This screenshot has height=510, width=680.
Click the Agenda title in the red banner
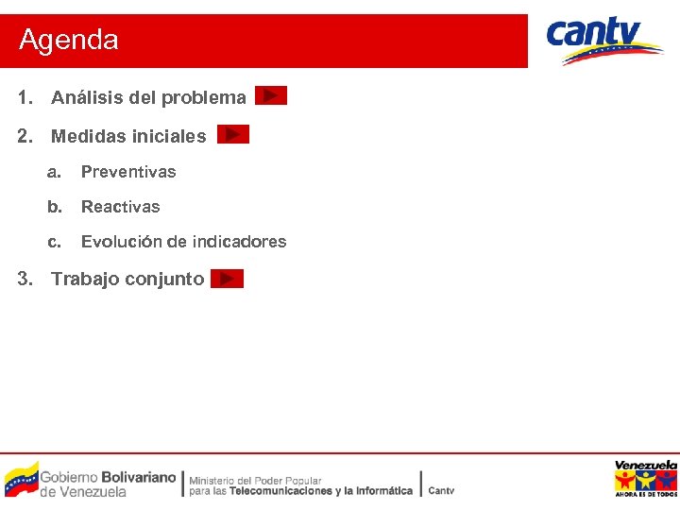[x=69, y=41]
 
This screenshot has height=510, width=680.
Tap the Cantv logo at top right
[x=604, y=40]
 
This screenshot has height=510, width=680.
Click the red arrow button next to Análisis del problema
[x=271, y=96]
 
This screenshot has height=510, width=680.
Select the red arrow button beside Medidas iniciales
[x=233, y=135]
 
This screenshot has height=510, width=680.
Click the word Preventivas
[x=128, y=172]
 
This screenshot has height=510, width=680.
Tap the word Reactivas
[x=121, y=207]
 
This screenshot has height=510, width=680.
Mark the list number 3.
[x=25, y=279]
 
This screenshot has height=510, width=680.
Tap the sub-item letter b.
[x=55, y=207]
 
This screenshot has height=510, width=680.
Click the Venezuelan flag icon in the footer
[x=21, y=478]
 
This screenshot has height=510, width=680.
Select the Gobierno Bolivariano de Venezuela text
[x=108, y=484]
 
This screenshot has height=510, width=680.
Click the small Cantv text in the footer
[x=441, y=490]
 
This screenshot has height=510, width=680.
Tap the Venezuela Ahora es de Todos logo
[x=646, y=479]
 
